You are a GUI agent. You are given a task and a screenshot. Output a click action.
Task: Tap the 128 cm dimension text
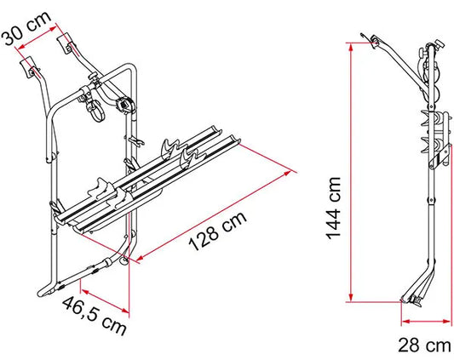(x=218, y=231)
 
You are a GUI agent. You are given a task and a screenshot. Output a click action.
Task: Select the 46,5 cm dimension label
(x=95, y=316)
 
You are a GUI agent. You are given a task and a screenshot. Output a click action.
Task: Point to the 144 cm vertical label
(x=334, y=209)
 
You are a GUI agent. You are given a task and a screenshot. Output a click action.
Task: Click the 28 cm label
(x=424, y=346)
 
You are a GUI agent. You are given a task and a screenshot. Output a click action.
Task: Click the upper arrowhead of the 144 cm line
(x=351, y=47)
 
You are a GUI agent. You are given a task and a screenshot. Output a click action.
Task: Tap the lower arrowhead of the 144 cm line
(x=351, y=297)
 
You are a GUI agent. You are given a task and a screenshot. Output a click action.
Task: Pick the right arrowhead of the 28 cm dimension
(x=447, y=321)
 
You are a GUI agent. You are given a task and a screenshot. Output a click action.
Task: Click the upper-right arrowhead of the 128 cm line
(x=287, y=174)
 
